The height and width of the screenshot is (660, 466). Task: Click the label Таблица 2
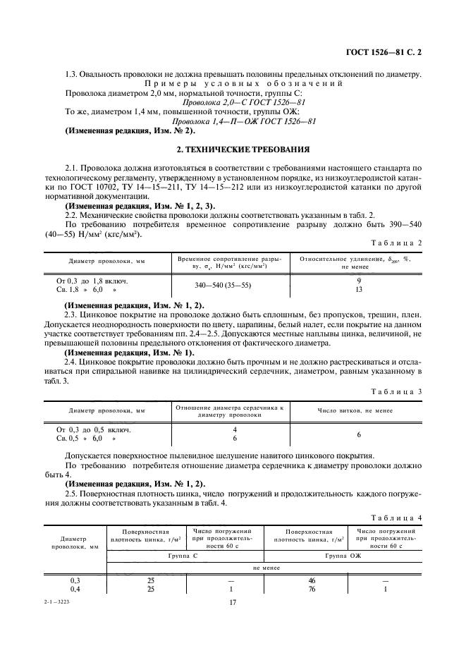click(399, 242)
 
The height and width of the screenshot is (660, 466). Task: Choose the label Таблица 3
click(399, 391)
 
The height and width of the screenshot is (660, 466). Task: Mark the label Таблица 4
click(399, 518)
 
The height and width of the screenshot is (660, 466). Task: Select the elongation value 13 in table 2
click(360, 290)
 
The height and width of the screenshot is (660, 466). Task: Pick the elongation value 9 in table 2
click(360, 281)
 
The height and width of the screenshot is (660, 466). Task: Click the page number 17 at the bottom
click(233, 602)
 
